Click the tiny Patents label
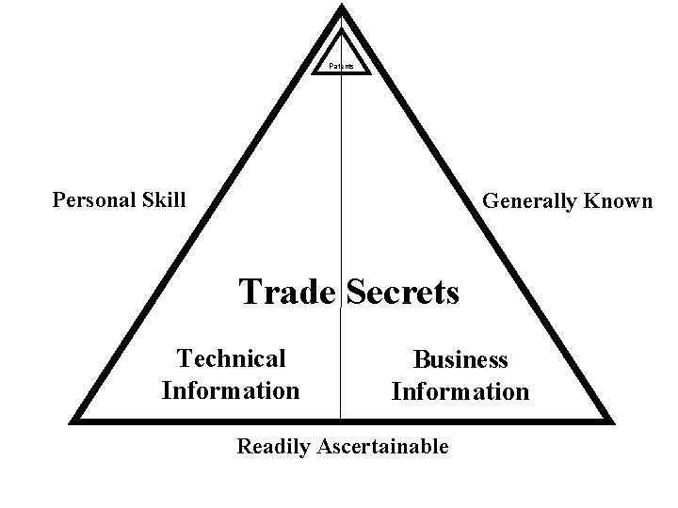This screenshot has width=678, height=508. click(x=342, y=66)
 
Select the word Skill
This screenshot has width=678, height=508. click(x=163, y=199)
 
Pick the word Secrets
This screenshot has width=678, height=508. click(x=403, y=292)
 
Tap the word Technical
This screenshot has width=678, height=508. click(x=232, y=358)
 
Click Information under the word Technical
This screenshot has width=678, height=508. click(x=231, y=389)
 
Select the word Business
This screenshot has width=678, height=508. click(x=461, y=360)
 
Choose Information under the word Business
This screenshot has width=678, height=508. click(x=460, y=391)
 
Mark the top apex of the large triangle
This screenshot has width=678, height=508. click(x=342, y=8)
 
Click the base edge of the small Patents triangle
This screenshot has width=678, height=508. click(x=342, y=72)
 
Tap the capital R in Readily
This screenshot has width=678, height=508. click(x=243, y=447)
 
